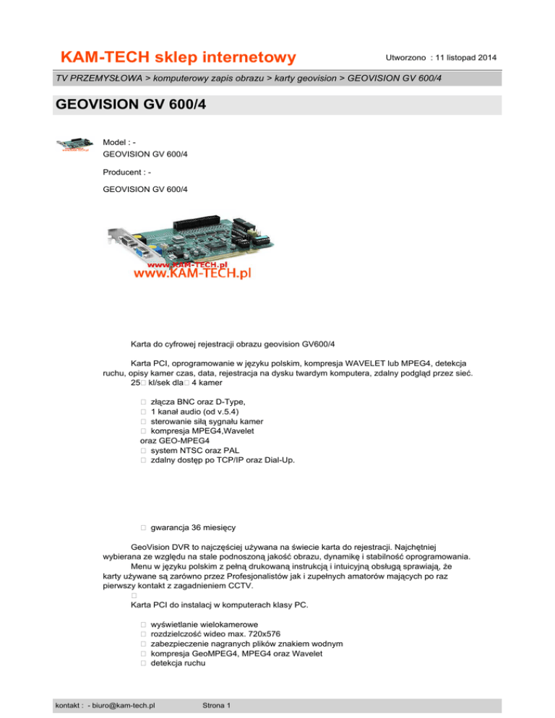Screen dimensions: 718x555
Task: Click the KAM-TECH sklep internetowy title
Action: tap(178, 57)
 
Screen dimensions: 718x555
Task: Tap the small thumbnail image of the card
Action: tap(75, 143)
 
